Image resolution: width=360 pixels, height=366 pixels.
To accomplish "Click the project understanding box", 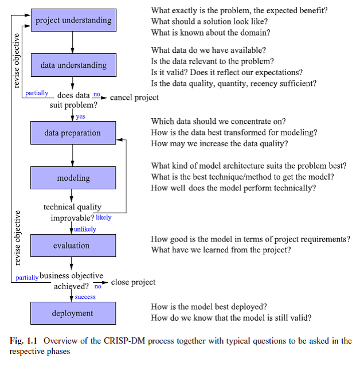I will coord(73,21).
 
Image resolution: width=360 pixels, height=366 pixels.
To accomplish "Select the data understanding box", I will coord(73,65).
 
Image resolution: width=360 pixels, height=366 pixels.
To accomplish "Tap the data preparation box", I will coord(73,133).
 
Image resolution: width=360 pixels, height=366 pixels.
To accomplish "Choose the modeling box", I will coord(73,178).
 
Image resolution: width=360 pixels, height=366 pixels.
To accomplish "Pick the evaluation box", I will coord(72,246).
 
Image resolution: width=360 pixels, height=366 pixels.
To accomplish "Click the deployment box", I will coord(72,313).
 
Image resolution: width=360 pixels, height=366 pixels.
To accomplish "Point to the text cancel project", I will coord(134,97).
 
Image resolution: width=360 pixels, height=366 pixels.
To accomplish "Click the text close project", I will coord(133,282).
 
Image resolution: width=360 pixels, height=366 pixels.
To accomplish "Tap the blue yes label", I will coord(80,116).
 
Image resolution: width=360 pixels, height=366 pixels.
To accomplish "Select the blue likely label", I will coord(104,217).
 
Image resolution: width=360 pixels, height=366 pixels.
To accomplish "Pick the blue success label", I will coord(85,297).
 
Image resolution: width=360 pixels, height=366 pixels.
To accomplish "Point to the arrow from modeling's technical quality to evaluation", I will coord(72,228).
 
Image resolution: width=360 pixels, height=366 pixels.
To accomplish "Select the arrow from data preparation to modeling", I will coord(72,155).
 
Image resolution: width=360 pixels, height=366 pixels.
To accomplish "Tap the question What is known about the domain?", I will coord(210,33).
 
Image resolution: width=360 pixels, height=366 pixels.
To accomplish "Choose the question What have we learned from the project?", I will coord(221,250).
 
